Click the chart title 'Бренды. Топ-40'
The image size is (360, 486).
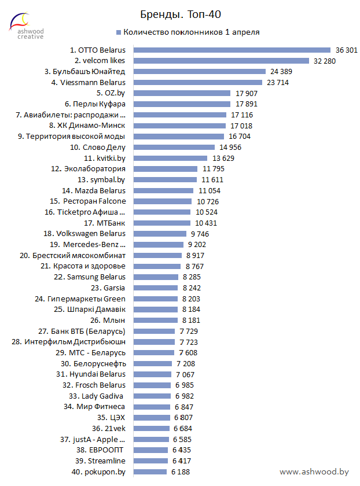pyautogui.click(x=181, y=13)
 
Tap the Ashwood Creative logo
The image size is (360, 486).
pyautogui.click(x=22, y=26)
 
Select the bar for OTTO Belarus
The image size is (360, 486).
pyautogui.click(x=232, y=50)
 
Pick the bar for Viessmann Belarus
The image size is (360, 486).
pyautogui.click(x=204, y=82)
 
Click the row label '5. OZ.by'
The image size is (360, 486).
pyautogui.click(x=111, y=93)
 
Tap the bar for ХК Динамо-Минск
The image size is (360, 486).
pyautogui.click(x=179, y=126)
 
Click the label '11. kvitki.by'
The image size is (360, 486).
pyautogui.click(x=104, y=158)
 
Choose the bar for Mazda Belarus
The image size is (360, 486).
pyautogui.click(x=163, y=190)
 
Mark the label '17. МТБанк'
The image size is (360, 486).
pyautogui.click(x=104, y=223)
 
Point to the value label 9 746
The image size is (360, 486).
pyautogui.click(x=200, y=234)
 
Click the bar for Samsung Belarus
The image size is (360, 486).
pyautogui.click(x=156, y=277)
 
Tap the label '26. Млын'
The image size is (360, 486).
pyautogui.click(x=108, y=320)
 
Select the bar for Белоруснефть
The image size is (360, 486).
pyautogui.click(x=153, y=363)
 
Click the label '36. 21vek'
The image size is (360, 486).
pyautogui.click(x=108, y=428)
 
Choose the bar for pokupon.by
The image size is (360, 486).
pyautogui.click(x=150, y=472)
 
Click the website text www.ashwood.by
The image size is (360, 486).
pyautogui.click(x=314, y=472)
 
